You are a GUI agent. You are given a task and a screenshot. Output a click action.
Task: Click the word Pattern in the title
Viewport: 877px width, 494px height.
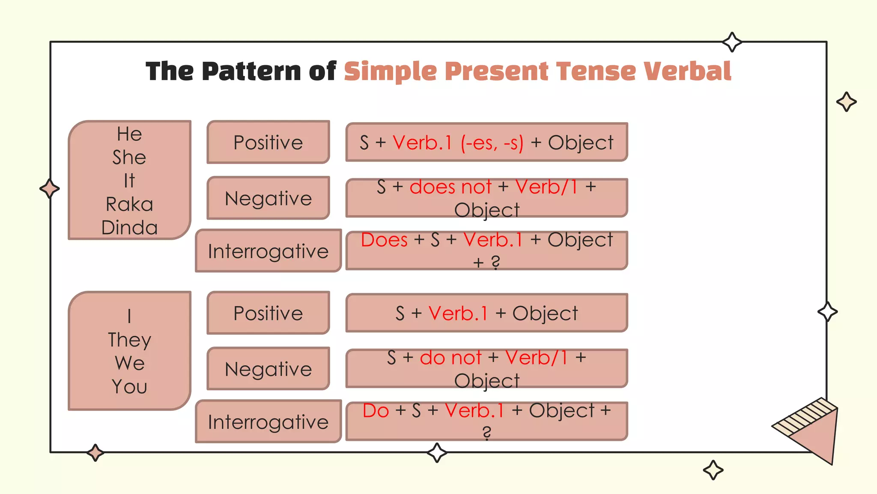pyautogui.click(x=251, y=71)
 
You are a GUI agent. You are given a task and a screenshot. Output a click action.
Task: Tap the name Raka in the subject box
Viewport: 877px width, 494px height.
pyautogui.click(x=129, y=204)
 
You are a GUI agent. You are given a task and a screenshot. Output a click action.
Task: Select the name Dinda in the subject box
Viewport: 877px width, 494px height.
pyautogui.click(x=129, y=227)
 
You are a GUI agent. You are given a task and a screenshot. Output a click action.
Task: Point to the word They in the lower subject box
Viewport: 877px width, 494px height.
pyautogui.click(x=129, y=340)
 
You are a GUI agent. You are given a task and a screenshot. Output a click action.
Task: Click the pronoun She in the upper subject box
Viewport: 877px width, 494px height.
pyautogui.click(x=129, y=157)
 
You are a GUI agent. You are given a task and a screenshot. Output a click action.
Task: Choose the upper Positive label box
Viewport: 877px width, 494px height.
pyautogui.click(x=268, y=142)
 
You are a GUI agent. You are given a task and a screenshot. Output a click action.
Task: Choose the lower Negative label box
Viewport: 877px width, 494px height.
pyautogui.click(x=268, y=369)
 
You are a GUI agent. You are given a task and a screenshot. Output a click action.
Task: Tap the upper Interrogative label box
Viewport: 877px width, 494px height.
pyautogui.click(x=268, y=251)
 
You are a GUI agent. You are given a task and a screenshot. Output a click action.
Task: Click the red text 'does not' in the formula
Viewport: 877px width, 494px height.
pyautogui.click(x=450, y=187)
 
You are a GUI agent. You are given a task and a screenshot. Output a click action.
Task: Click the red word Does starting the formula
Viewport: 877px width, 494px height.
pyautogui.click(x=384, y=240)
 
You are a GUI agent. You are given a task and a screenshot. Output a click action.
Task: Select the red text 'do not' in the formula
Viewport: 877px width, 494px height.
pyautogui.click(x=450, y=358)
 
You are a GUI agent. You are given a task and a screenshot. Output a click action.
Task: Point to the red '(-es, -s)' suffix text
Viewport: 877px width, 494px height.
pyautogui.click(x=492, y=143)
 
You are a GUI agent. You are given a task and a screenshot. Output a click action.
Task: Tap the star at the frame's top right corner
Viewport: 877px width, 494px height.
pyautogui.click(x=732, y=42)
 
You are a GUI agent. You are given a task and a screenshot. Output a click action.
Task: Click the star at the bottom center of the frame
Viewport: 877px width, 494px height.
pyautogui.click(x=437, y=452)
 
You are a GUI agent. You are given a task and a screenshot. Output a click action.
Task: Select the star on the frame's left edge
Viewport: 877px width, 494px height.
pyautogui.click(x=50, y=189)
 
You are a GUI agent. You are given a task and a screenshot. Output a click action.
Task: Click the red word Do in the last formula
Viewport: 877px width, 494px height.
pyautogui.click(x=376, y=411)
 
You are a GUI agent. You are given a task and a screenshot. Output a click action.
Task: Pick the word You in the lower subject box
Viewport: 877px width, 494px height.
pyautogui.click(x=129, y=386)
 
